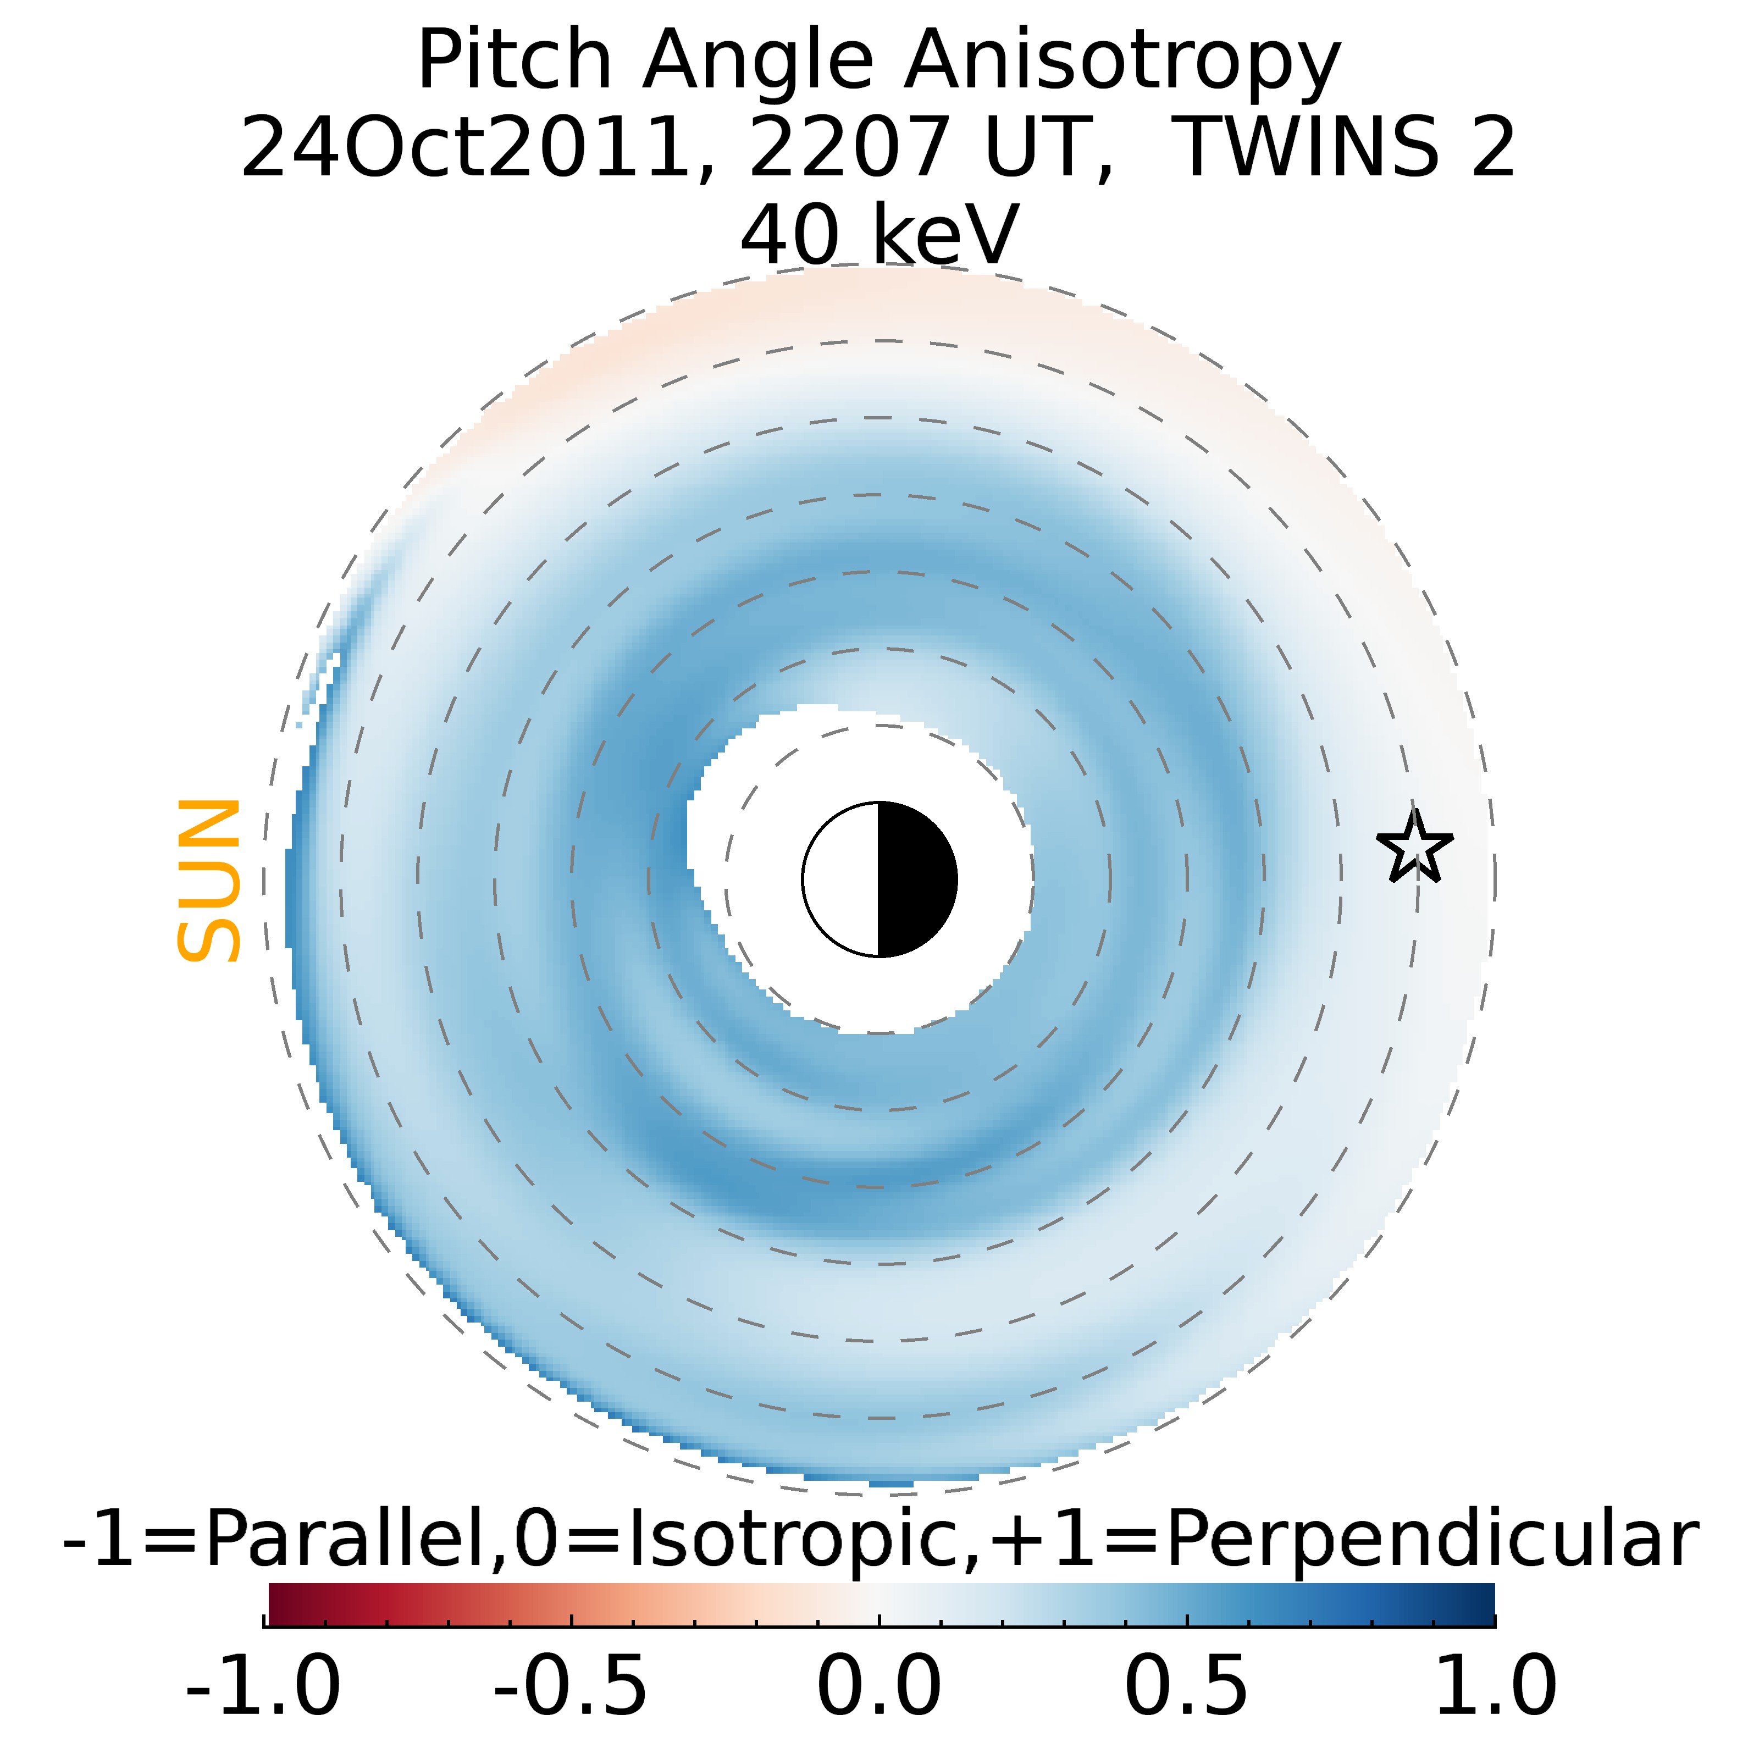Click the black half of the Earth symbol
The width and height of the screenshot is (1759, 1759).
point(916,879)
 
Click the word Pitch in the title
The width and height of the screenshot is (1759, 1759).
point(515,62)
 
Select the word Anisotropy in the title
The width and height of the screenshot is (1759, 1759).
point(1122,62)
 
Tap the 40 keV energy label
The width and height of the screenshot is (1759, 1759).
point(878,235)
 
